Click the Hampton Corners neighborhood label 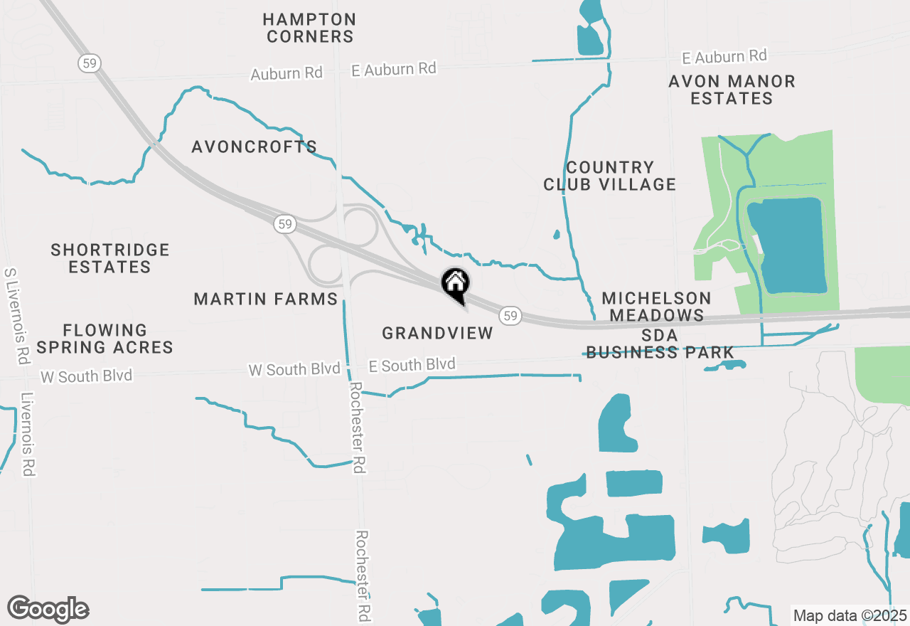tap(309, 28)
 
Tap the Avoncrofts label tap(254, 147)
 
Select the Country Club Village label tap(609, 176)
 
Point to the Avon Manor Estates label tap(732, 90)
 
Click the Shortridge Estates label tap(110, 258)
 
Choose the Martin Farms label tap(266, 299)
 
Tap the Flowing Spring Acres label tap(105, 339)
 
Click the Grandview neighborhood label tap(437, 333)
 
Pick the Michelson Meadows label tap(656, 307)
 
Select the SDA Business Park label tap(660, 344)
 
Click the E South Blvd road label tap(412, 365)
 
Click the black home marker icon tap(456, 285)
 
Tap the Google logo tap(48, 609)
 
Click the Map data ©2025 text tap(850, 615)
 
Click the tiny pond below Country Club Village tap(556, 234)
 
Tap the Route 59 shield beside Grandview tap(510, 315)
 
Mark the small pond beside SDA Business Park tap(726, 366)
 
